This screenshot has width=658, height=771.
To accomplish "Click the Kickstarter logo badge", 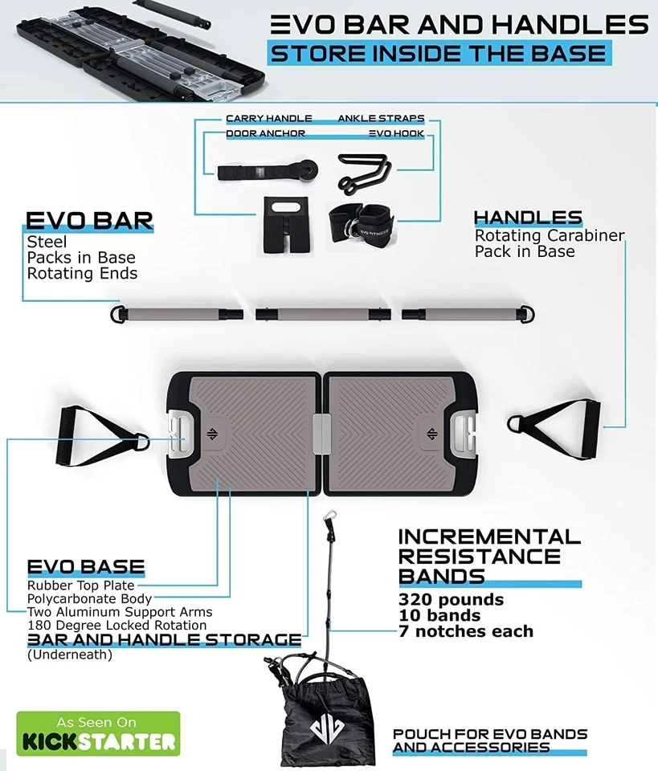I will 98,732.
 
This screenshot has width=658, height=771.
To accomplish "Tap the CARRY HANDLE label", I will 268,119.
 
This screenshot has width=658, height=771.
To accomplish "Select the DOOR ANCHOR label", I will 265,133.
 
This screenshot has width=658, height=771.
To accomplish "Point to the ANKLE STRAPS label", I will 381,119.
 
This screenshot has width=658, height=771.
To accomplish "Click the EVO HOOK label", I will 396,133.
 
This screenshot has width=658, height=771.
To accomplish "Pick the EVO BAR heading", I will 89,221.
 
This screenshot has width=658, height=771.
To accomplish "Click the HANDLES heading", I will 528,218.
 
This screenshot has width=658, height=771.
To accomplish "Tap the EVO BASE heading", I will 86,567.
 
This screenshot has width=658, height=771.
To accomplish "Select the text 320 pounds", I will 452,600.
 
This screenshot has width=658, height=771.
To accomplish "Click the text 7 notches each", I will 466,631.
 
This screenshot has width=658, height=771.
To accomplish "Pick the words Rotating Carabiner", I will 550,236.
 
